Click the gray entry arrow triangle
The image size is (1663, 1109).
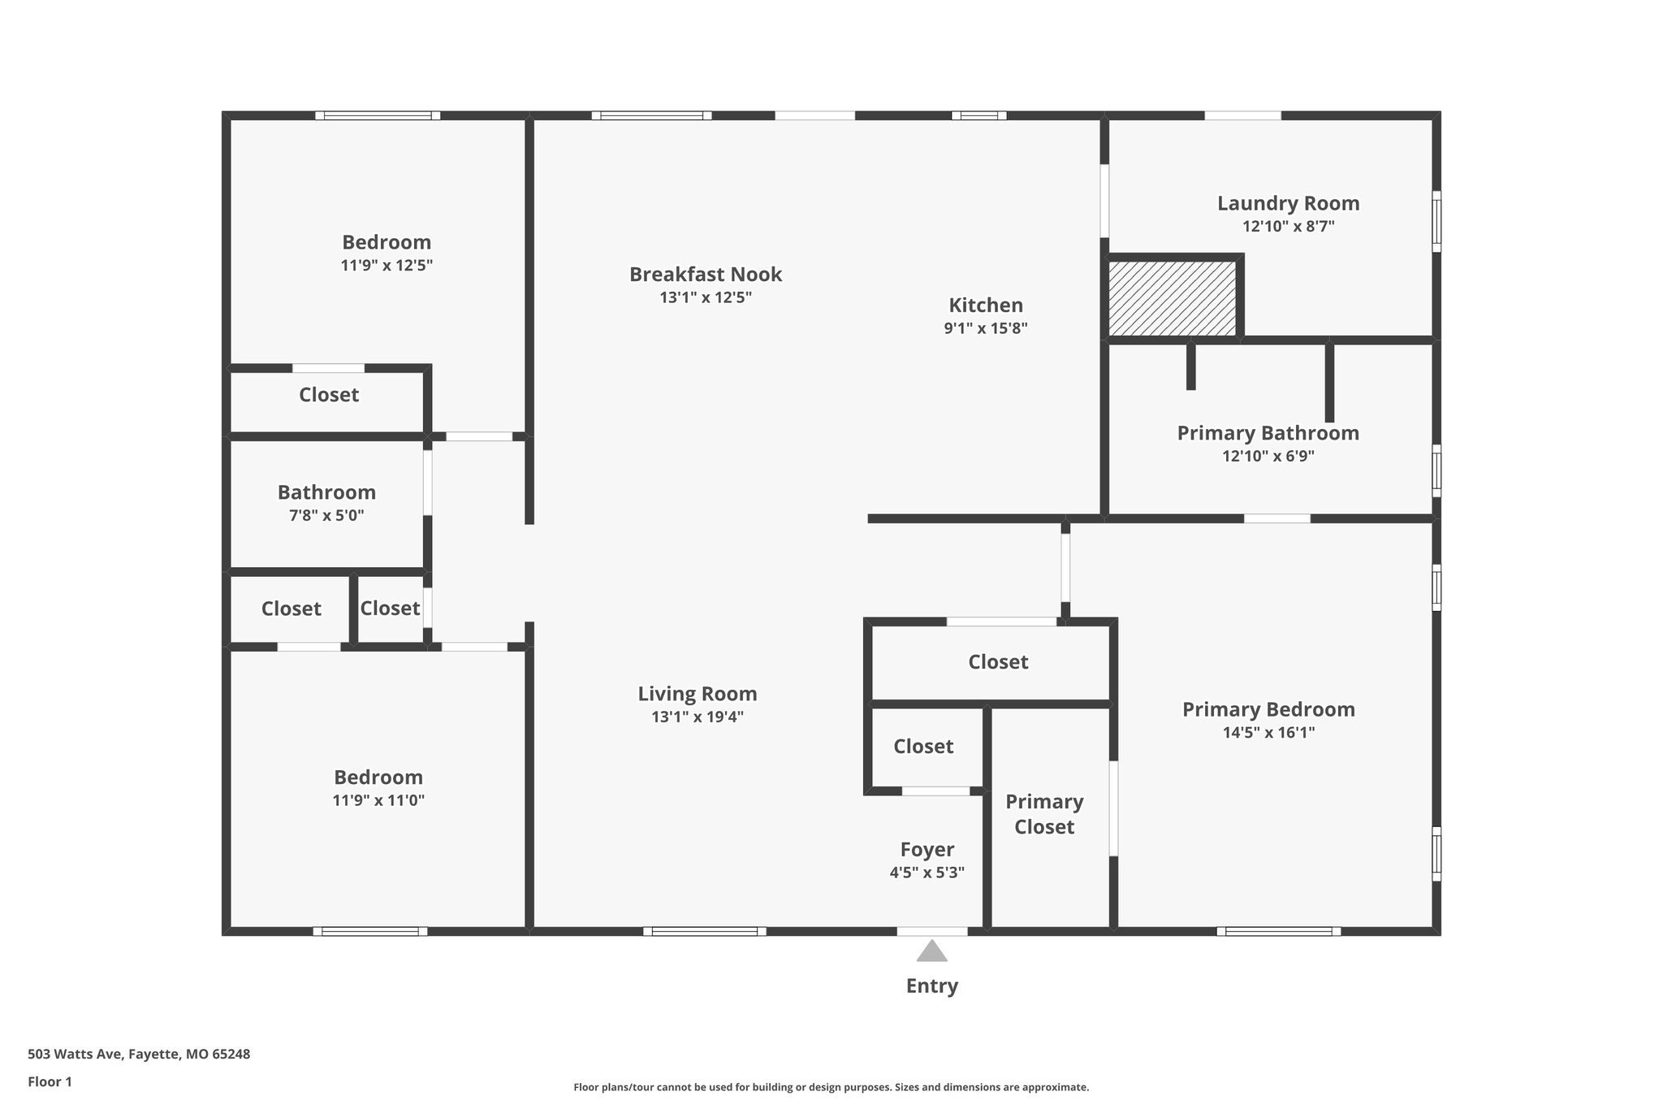931,951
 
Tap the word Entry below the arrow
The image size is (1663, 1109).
931,986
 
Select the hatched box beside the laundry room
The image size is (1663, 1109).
1173,298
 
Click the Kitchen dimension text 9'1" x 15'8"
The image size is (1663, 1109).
986,328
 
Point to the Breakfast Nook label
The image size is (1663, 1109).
705,274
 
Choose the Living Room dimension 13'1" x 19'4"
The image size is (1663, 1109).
697,717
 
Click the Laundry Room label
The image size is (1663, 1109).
1288,203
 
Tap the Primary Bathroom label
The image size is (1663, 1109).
1268,433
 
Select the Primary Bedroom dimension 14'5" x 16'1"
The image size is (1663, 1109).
1268,732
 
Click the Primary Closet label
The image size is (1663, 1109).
1044,814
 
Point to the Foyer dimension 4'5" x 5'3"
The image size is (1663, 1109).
927,873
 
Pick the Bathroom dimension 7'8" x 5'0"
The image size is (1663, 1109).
326,515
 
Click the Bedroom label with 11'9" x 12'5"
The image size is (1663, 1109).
386,242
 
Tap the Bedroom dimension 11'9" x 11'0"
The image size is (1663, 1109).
378,800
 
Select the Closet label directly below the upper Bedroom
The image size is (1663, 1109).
328,395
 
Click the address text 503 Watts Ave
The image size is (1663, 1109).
139,1055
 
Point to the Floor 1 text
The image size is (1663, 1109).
50,1081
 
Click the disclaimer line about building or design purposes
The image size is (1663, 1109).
831,1087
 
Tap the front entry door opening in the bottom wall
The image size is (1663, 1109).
932,931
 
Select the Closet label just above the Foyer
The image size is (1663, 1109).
923,746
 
